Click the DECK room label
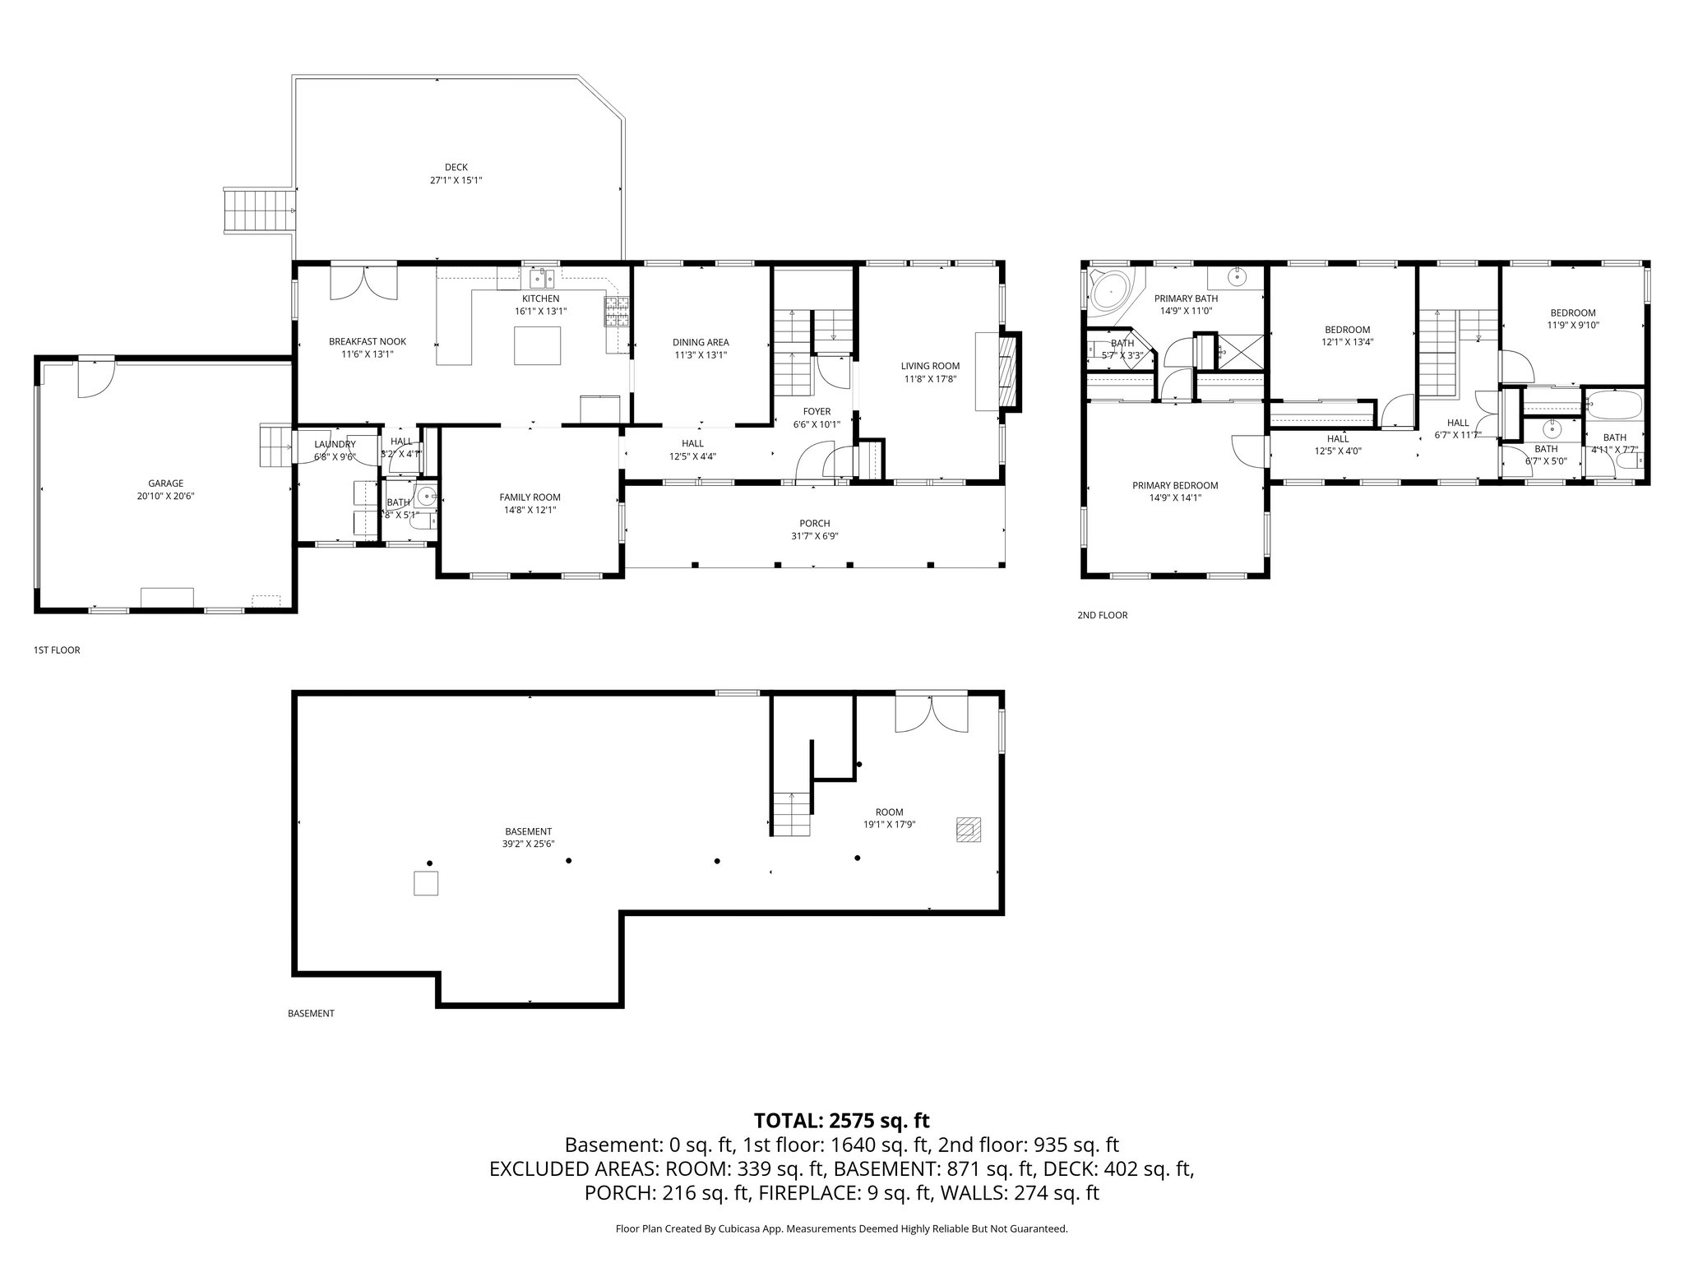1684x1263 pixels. coord(456,168)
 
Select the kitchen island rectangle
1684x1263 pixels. coord(538,345)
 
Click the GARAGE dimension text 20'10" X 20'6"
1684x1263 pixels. coord(166,496)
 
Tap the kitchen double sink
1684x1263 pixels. coord(541,277)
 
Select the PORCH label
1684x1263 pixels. coord(814,523)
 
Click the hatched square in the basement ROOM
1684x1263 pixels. coord(968,829)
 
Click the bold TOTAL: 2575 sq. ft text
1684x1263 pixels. coord(841,1120)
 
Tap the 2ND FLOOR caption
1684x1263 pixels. coord(1102,615)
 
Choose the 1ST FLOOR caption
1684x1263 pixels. coord(57,650)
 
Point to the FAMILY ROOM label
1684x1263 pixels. coord(530,497)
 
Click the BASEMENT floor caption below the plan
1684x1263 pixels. coord(311,1014)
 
